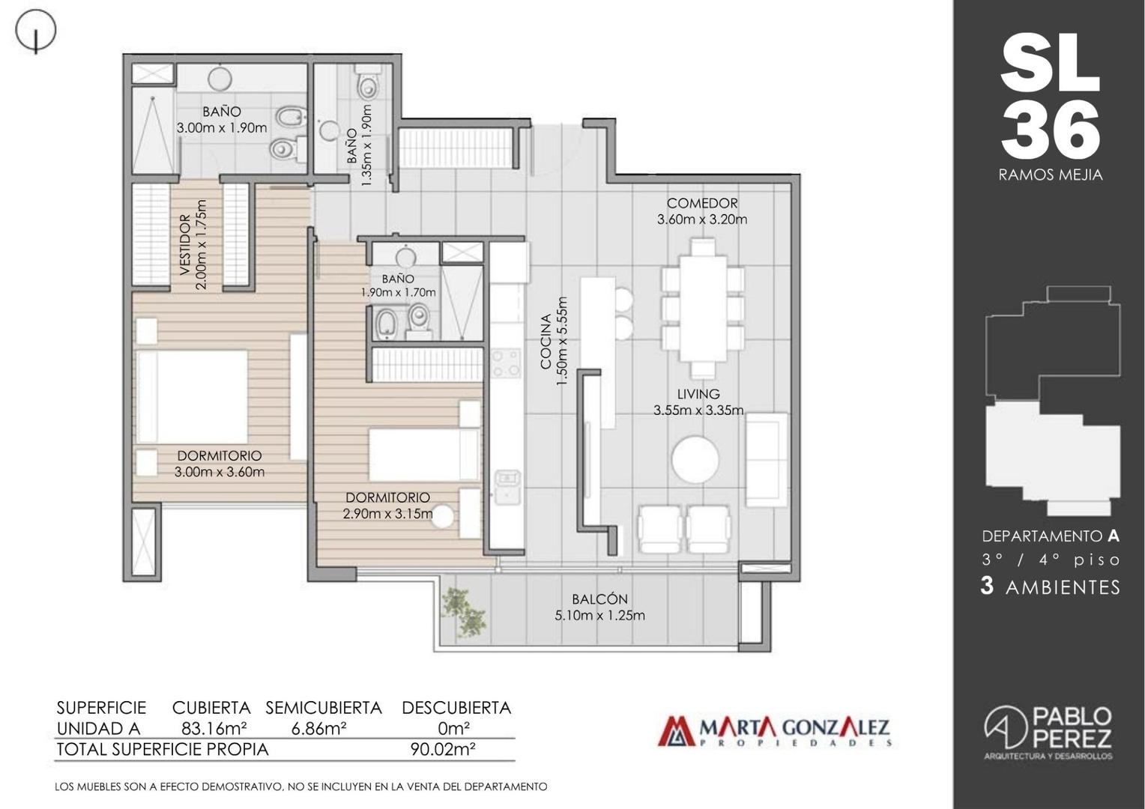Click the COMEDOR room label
pos(702,203)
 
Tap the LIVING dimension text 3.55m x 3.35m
pos(698,410)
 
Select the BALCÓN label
pos(599,599)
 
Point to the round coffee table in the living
pos(695,458)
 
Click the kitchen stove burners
pos(506,363)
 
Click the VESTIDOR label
pos(185,245)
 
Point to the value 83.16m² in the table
pos(214,728)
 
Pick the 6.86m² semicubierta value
pos(319,728)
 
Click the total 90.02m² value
pos(443,749)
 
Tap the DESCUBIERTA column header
pos(456,708)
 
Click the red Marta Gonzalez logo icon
pos(676,731)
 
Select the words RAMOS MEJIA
pos(1051,175)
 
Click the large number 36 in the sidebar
pos(1050,130)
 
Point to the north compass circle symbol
pos(35,31)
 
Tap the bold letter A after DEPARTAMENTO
pos(1114,536)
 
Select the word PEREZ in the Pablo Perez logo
pos(1072,737)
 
